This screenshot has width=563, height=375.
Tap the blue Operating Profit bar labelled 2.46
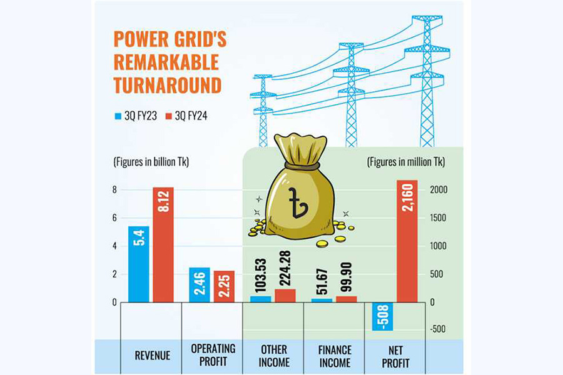(x=200, y=285)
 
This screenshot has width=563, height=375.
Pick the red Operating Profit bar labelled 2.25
(x=223, y=287)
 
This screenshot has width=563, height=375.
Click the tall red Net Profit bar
(x=407, y=241)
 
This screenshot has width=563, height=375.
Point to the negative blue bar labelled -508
(x=382, y=316)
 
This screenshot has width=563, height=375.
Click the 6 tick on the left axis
(x=114, y=218)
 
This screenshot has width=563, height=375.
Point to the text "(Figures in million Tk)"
(x=405, y=162)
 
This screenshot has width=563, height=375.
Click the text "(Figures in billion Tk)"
(x=151, y=162)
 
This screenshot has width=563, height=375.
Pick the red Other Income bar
(x=285, y=296)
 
